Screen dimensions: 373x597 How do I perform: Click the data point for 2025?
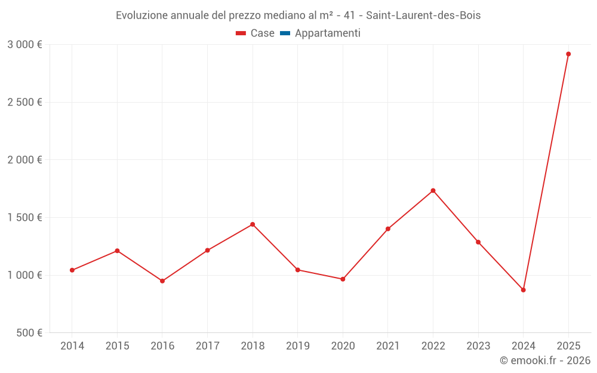tap(568, 54)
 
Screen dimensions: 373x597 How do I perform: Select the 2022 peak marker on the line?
tap(433, 190)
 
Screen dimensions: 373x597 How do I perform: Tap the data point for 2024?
tap(523, 290)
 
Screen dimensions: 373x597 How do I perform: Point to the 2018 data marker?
tap(253, 224)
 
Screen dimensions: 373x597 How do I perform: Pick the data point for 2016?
tap(162, 281)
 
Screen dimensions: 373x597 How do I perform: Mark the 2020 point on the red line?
tap(343, 279)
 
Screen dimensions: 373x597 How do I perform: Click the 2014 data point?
tap(72, 270)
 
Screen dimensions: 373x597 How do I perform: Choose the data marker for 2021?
tap(388, 229)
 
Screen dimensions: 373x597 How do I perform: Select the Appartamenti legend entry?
tap(327, 33)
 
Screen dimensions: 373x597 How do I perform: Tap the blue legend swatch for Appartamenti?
tap(285, 33)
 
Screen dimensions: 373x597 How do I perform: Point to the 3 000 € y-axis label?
tap(24, 45)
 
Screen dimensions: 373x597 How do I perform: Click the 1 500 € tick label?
tap(24, 218)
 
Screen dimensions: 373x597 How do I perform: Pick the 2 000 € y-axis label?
tap(24, 160)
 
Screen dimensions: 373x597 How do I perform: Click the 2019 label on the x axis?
tap(297, 346)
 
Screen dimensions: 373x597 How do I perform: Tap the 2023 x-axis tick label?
tap(478, 346)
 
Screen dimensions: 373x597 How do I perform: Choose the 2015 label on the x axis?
tap(117, 346)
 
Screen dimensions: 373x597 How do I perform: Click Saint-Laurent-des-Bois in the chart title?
tap(423, 16)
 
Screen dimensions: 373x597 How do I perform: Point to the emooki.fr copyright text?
tap(544, 360)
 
